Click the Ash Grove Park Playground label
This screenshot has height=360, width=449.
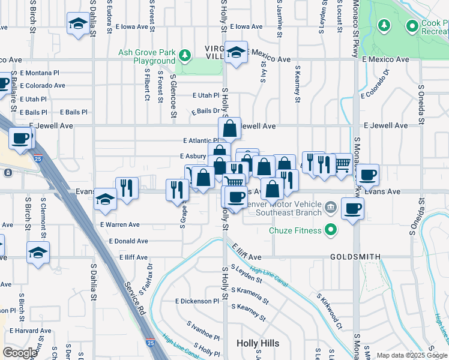click(x=146, y=56)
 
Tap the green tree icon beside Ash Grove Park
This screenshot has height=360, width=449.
click(x=185, y=56)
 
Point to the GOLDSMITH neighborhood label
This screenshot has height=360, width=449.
click(x=355, y=257)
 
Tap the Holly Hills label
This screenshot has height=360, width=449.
click(x=258, y=343)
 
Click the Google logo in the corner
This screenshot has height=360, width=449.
click(x=20, y=353)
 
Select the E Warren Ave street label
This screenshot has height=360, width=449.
click(x=120, y=225)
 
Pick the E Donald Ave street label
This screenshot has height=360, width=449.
click(x=128, y=241)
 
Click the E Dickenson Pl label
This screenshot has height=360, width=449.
click(x=197, y=301)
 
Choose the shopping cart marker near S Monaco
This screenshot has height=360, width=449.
click(x=342, y=163)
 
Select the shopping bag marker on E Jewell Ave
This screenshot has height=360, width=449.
click(x=229, y=128)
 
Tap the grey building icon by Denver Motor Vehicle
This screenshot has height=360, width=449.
click(x=330, y=208)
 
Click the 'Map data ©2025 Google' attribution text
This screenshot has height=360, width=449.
click(x=412, y=355)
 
